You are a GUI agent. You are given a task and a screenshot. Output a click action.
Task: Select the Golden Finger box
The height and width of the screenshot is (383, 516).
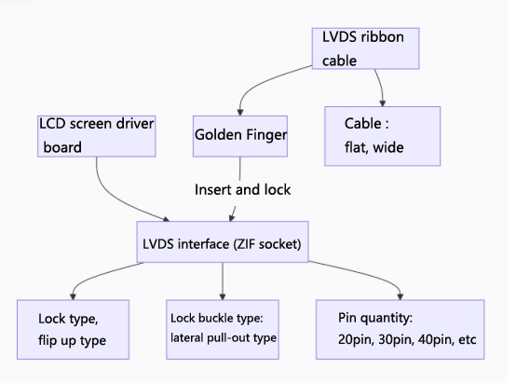240,135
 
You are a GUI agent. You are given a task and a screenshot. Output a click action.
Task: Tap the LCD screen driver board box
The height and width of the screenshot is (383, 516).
95,135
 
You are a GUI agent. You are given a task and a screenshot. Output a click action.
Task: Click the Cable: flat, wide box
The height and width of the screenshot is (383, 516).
381,135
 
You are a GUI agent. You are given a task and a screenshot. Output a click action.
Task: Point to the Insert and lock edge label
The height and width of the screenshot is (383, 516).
242,190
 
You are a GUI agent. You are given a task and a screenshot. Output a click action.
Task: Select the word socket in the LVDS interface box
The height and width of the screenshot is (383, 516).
278,244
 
